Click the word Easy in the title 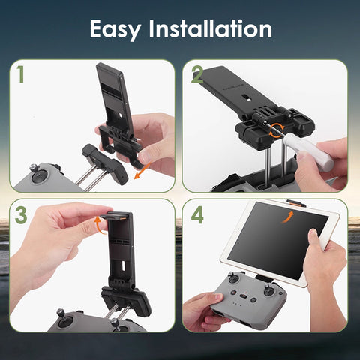[x=121, y=30]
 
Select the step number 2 [x=197, y=75]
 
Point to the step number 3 [x=21, y=215]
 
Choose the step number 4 [x=197, y=215]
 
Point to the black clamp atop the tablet [x=298, y=203]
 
